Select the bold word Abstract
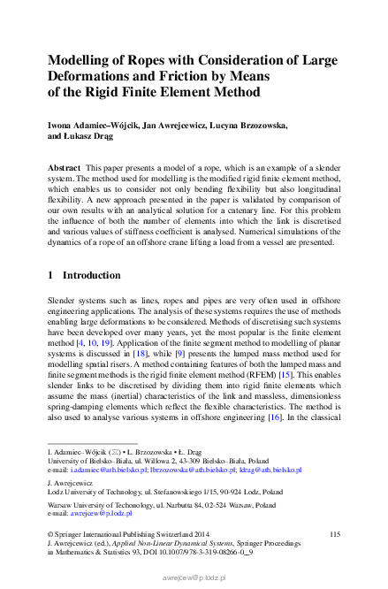64,167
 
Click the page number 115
334,534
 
